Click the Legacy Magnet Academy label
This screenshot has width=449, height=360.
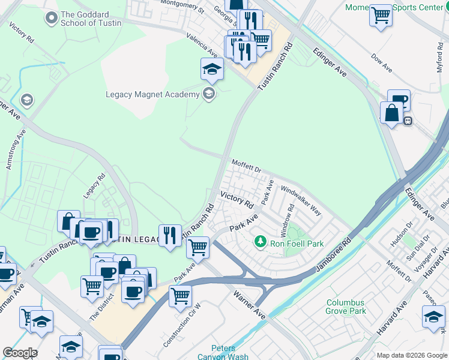tap(152, 94)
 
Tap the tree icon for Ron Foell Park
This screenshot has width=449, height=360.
tap(260, 242)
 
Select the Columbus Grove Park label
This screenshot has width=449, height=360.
tap(346, 307)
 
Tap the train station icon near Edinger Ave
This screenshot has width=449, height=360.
tap(408, 121)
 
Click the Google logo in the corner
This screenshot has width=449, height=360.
tap(20, 353)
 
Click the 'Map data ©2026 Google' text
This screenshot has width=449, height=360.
tap(411, 355)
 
